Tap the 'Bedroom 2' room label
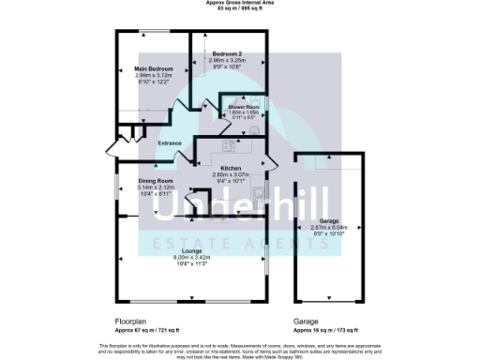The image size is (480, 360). pyautogui.click(x=227, y=54)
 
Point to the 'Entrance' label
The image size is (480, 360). pyautogui.click(x=170, y=142)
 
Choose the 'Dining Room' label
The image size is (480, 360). pyautogui.click(x=157, y=180)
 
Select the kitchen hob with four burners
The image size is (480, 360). pyautogui.click(x=228, y=144)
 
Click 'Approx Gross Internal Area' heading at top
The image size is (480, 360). pyautogui.click(x=240, y=3)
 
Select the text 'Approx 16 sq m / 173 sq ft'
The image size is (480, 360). pyautogui.click(x=328, y=331)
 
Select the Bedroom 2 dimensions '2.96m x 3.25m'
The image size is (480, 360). pyautogui.click(x=227, y=61)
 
